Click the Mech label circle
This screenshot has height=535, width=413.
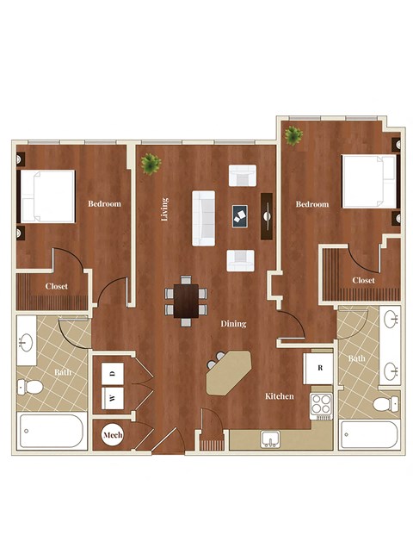click(x=113, y=436)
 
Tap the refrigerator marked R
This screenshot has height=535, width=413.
click(x=320, y=368)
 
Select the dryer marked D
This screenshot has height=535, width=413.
click(x=115, y=373)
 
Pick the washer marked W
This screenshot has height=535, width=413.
click(x=113, y=398)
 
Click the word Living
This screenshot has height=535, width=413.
click(x=165, y=209)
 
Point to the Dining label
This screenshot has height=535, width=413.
click(x=233, y=324)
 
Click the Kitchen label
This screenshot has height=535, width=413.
click(x=280, y=396)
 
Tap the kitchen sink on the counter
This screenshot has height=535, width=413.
click(x=270, y=439)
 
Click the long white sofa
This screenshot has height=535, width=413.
click(x=204, y=218)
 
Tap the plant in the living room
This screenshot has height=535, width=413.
click(x=151, y=162)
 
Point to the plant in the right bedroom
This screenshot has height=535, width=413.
click(x=293, y=135)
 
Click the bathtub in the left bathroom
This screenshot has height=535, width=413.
click(x=51, y=431)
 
